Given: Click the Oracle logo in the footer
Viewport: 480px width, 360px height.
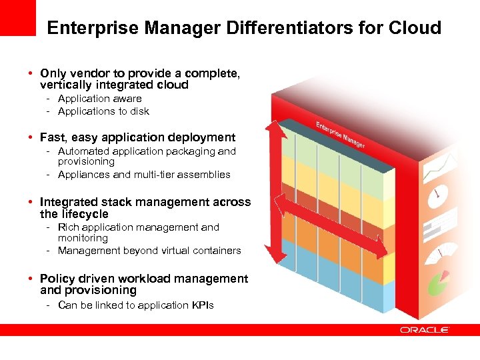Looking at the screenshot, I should [x=424, y=329].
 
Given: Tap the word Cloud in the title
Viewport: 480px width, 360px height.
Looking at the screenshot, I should [x=417, y=28].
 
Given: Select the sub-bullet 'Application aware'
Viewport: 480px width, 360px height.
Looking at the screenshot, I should [x=99, y=99].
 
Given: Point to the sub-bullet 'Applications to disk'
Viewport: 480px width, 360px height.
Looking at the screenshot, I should [x=103, y=111].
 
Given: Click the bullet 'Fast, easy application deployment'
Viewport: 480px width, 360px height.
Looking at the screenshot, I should [x=137, y=137].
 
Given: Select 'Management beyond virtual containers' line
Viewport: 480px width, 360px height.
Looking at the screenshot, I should [x=149, y=251].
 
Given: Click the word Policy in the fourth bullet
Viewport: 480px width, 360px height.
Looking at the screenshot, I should [x=57, y=279].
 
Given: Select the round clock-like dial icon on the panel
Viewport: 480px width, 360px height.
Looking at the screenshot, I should [x=437, y=193].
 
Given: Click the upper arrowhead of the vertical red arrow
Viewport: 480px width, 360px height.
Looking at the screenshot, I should [x=275, y=129].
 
